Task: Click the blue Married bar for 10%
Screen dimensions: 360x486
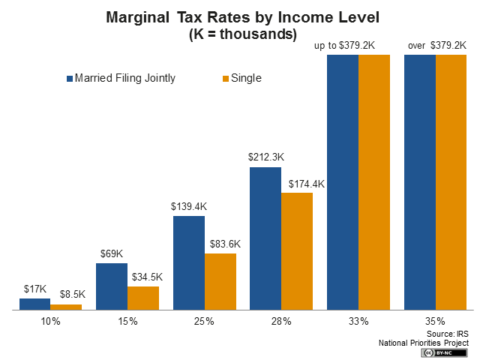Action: [34, 304]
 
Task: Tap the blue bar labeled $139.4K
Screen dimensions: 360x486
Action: [188, 262]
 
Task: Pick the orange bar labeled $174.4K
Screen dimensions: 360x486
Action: [296, 250]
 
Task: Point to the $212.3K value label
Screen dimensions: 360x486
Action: [266, 157]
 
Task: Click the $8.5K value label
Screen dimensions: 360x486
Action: [67, 295]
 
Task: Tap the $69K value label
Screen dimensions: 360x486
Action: [111, 253]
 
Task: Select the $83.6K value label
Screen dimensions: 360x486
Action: [220, 244]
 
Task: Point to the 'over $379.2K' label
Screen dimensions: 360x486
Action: [436, 46]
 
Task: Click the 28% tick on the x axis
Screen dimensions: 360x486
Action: [280, 321]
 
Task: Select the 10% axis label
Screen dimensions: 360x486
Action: [50, 321]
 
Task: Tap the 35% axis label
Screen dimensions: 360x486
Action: [435, 321]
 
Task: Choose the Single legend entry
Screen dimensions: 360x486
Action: [241, 78]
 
